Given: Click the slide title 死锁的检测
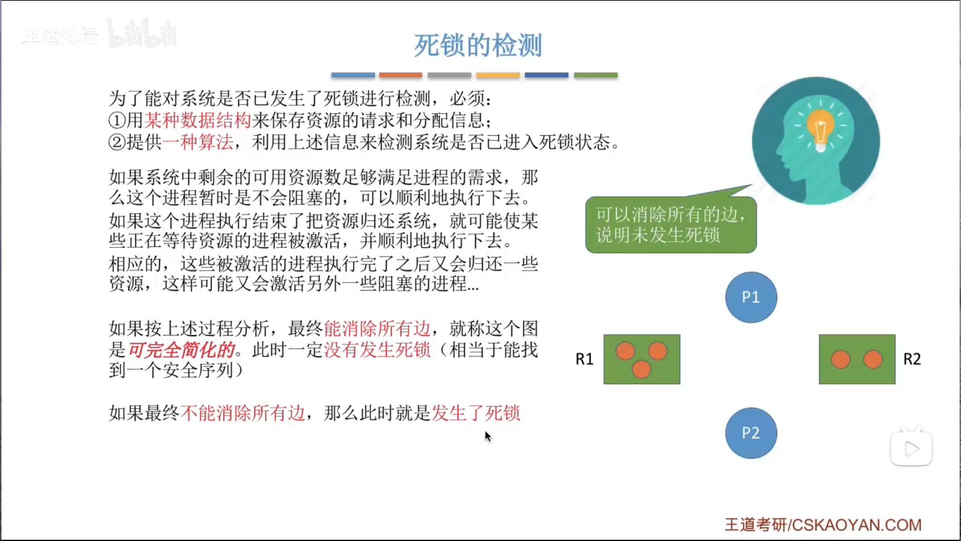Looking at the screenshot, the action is click(x=477, y=46).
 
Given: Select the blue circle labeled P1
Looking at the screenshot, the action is click(x=751, y=297).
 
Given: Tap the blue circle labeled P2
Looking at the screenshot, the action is click(x=751, y=433).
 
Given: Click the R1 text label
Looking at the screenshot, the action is click(x=584, y=359).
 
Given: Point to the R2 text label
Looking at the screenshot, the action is click(x=911, y=359).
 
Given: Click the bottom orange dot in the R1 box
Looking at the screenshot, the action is click(x=641, y=369).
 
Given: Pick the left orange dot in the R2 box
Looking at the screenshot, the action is click(x=840, y=359).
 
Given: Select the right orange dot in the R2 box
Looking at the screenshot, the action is click(x=873, y=359).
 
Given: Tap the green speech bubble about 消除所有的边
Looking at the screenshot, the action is click(x=671, y=224).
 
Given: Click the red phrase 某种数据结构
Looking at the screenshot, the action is click(x=198, y=120).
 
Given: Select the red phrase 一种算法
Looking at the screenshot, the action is click(x=198, y=142).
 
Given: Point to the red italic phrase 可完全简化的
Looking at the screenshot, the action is click(x=181, y=350).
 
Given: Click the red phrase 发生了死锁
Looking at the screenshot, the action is click(x=476, y=413).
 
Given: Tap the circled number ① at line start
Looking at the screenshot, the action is click(x=117, y=120).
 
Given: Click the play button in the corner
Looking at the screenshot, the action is click(x=911, y=448).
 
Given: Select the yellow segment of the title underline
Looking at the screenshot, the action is click(x=498, y=75).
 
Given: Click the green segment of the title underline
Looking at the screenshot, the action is click(x=596, y=75).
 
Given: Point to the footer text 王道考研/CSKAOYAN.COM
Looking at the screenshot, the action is click(x=823, y=524).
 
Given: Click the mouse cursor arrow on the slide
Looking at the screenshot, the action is click(x=488, y=436).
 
